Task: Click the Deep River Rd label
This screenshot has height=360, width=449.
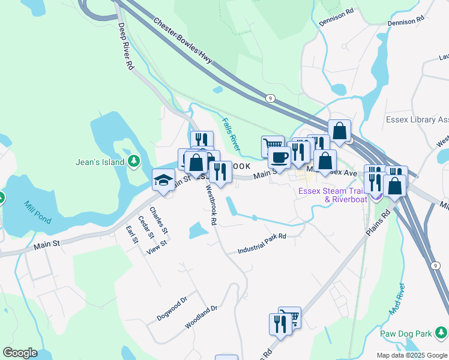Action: pyautogui.click(x=125, y=47)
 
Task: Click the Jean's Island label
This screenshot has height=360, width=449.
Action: pyautogui.click(x=100, y=162)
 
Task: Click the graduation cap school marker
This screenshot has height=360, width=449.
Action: pyautogui.click(x=163, y=179)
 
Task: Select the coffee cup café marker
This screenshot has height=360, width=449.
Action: pyautogui.click(x=279, y=158)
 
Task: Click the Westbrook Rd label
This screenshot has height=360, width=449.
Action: pyautogui.click(x=211, y=204)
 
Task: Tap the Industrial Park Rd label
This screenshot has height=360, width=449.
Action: pyautogui.click(x=262, y=243)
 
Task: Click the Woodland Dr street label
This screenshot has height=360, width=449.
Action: pyautogui.click(x=200, y=316)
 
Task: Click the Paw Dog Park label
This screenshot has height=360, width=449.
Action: pyautogui.click(x=406, y=333)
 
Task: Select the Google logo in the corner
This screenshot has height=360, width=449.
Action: pyautogui.click(x=20, y=352)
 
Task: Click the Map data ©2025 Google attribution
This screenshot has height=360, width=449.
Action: pyautogui.click(x=411, y=355)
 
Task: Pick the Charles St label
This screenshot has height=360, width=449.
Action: pyautogui.click(x=159, y=221)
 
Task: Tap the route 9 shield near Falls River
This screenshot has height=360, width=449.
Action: pyautogui.click(x=271, y=97)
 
